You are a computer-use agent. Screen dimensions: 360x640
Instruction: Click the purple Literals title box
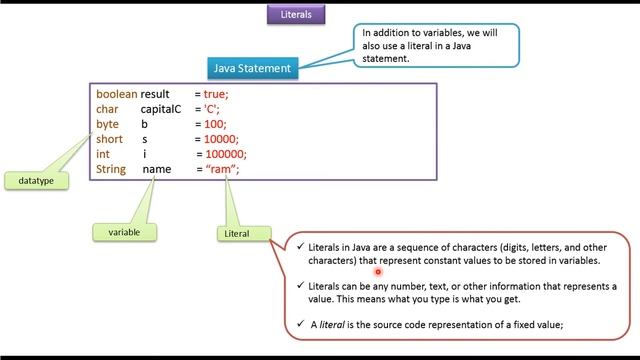pos(295,15)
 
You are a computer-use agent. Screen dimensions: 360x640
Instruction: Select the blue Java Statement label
pos(252,68)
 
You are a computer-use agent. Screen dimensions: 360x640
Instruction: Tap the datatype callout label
pos(36,180)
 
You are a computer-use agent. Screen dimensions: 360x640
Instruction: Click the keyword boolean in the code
pos(116,93)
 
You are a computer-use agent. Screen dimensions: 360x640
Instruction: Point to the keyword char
pos(107,108)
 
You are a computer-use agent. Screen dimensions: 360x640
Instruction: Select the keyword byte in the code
pos(107,124)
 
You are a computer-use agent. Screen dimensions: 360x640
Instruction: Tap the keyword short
pos(109,139)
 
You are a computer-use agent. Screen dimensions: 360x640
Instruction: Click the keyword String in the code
pos(111,170)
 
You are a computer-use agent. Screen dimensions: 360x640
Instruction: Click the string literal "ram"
pos(220,170)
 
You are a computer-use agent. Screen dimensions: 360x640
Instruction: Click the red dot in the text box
pos(379,270)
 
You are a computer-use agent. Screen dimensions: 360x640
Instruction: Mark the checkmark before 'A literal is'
pos(301,323)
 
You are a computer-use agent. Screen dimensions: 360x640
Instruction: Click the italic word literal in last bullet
pos(333,323)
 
